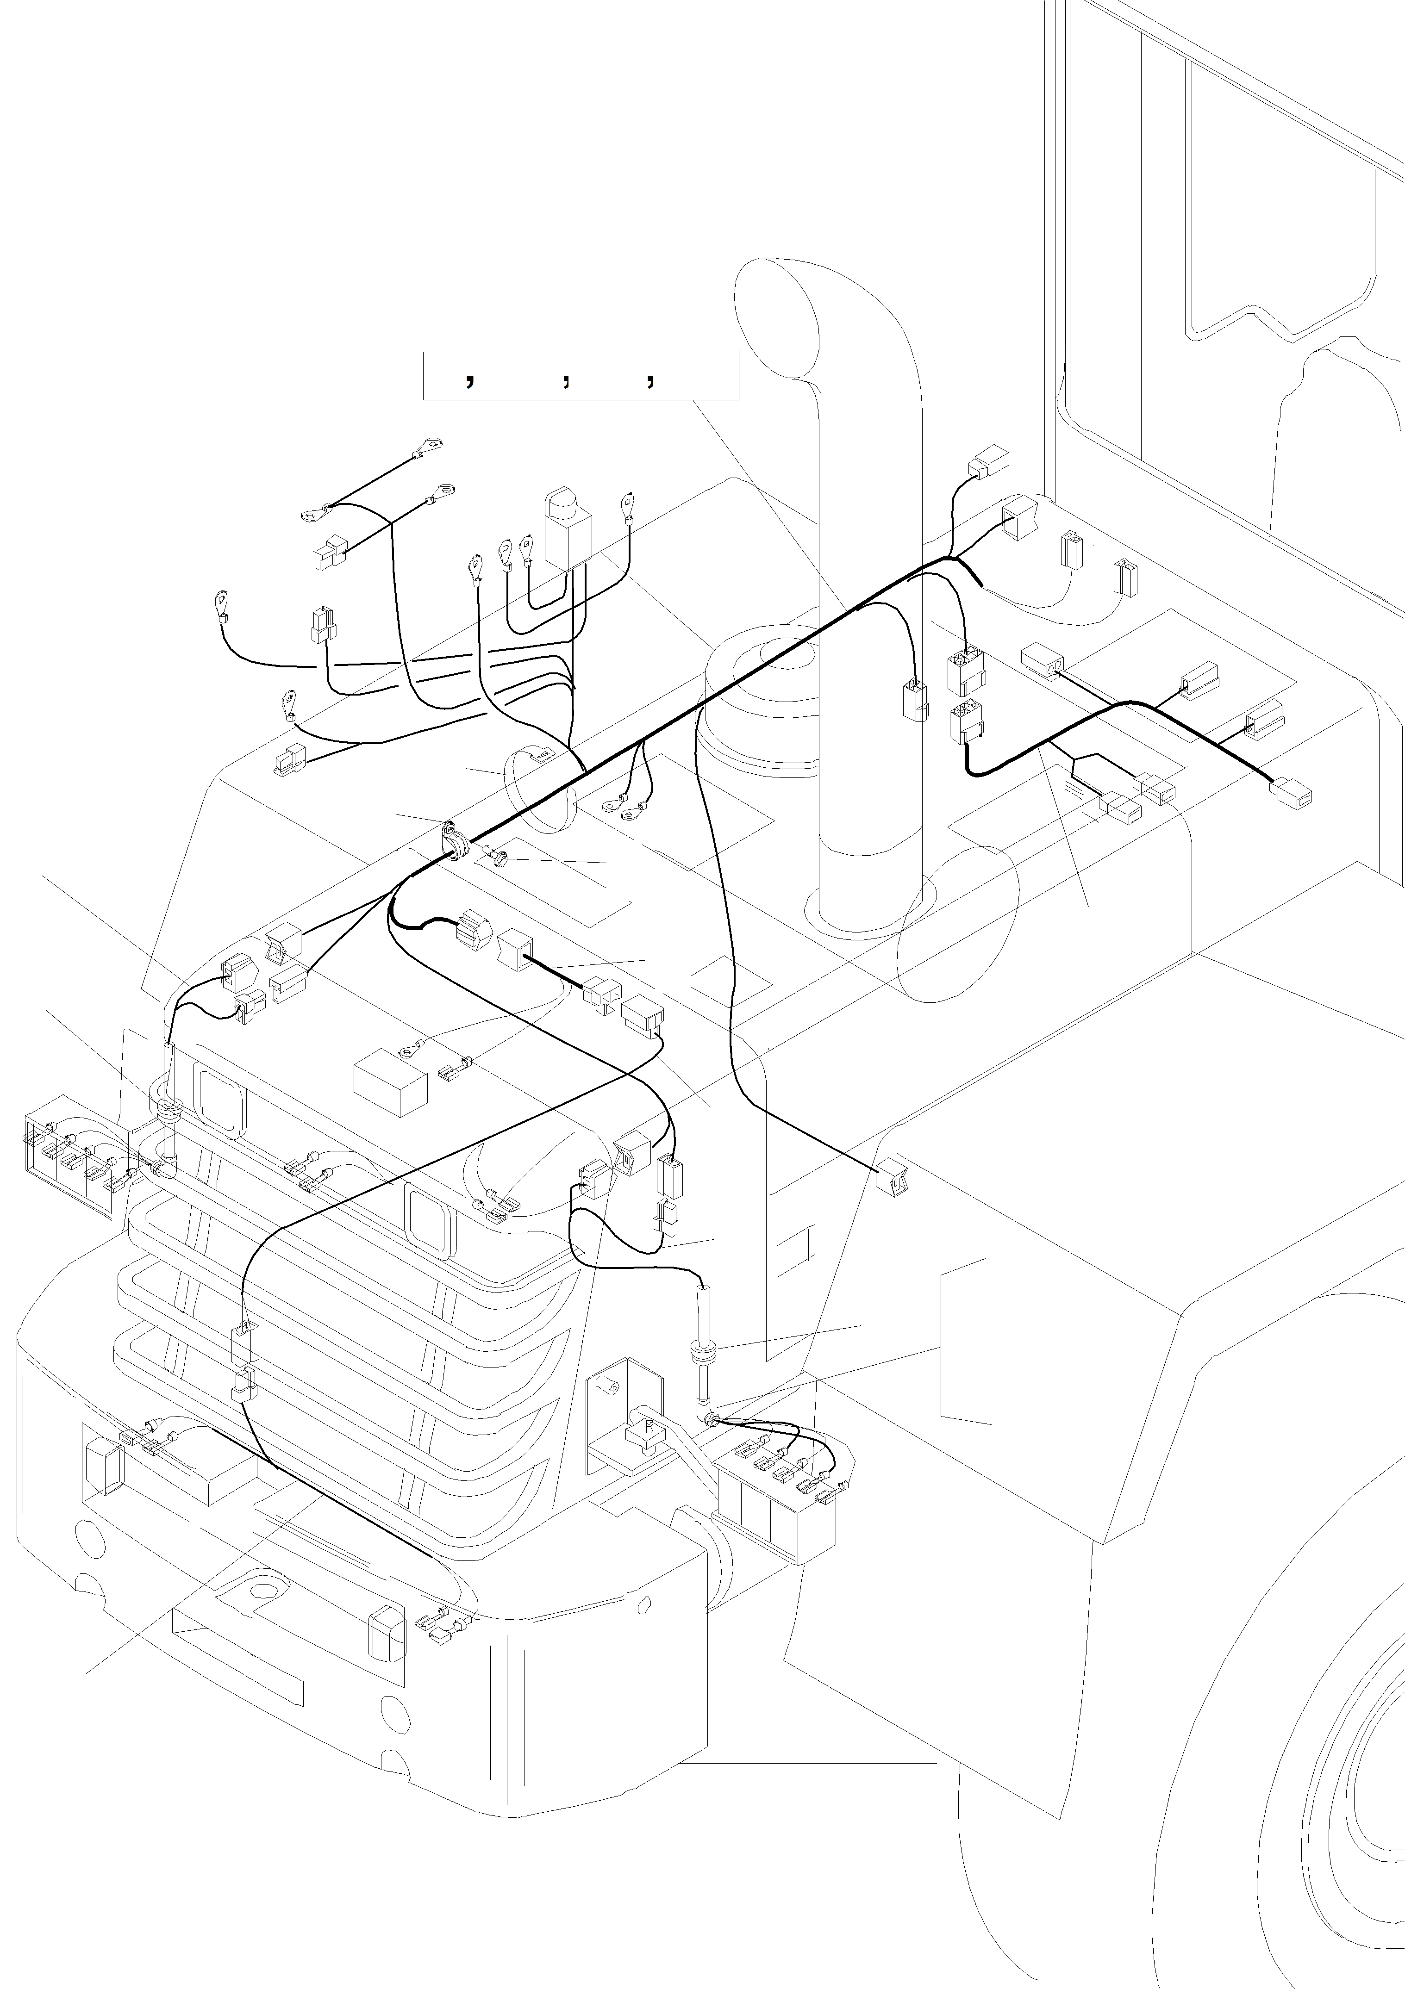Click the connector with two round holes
point(1044,661)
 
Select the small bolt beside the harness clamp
point(499,859)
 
